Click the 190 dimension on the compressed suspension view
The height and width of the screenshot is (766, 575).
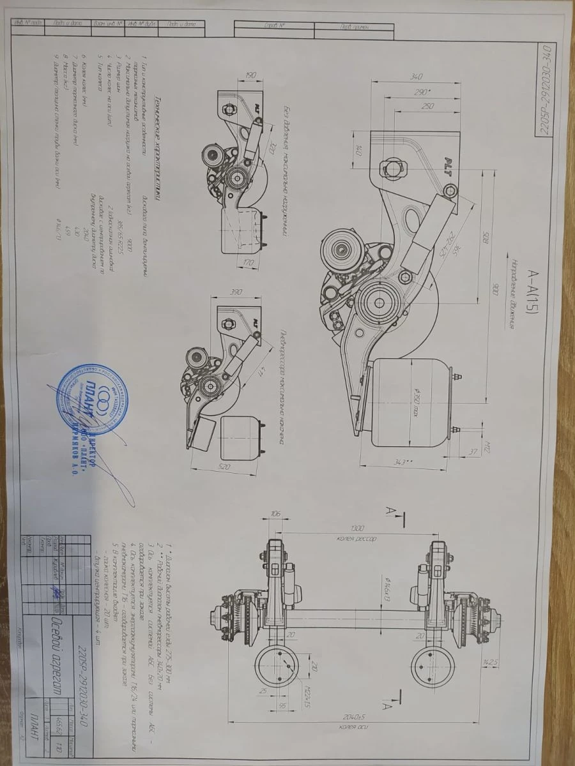(250, 76)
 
